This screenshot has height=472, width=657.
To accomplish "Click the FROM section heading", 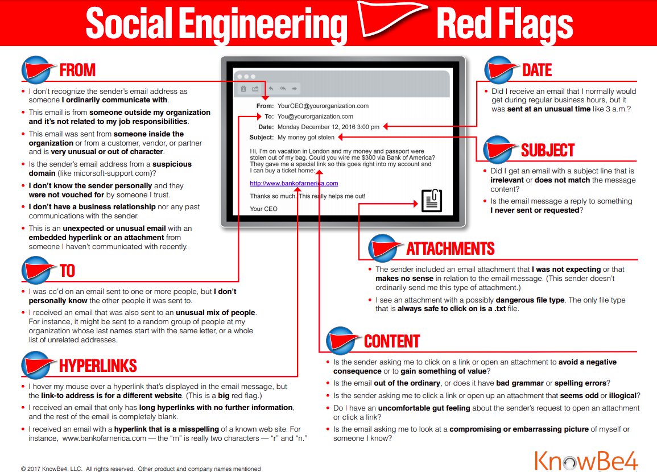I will (77, 71).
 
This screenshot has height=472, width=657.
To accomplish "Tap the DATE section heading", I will (537, 70).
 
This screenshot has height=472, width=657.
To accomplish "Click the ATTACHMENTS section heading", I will (450, 249).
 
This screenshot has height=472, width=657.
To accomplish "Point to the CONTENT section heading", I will (391, 341).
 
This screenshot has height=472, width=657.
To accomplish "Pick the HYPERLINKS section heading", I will (98, 365).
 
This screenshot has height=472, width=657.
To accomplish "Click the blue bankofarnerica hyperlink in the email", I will (294, 183).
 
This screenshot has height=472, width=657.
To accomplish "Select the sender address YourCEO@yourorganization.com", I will (323, 106).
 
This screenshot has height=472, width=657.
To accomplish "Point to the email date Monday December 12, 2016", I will (328, 127).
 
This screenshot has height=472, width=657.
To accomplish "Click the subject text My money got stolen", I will (306, 137).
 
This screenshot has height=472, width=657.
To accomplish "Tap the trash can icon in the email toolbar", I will (243, 89).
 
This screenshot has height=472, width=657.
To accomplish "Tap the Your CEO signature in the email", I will (264, 209).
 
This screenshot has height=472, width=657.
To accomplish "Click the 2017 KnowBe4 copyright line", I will (141, 469).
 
